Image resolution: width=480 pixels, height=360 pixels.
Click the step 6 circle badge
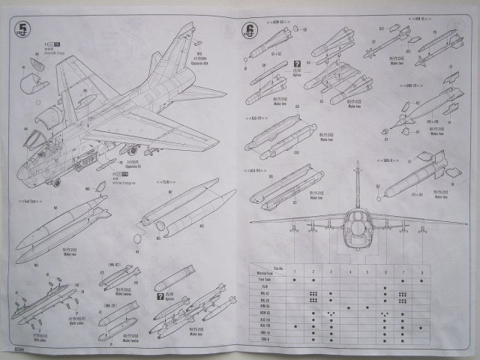click(248, 31)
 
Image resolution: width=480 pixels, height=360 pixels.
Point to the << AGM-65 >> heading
click(256, 118)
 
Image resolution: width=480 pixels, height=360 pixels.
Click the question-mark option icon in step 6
click(297, 64)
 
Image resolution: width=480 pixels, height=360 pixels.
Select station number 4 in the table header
click(349, 271)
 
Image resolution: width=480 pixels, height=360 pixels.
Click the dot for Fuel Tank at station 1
click(295, 279)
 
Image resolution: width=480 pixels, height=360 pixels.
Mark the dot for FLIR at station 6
click(385, 287)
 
